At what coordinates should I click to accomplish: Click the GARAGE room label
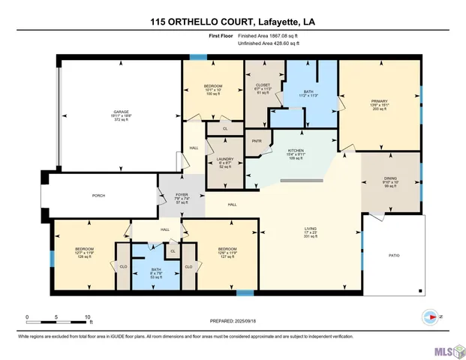tap(122, 112)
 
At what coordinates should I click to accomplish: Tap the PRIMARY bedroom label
tap(378, 101)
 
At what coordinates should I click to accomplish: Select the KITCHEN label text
tap(296, 150)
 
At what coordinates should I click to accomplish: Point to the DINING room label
tap(390, 178)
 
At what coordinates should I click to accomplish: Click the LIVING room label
tap(310, 229)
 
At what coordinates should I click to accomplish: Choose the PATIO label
tap(393, 256)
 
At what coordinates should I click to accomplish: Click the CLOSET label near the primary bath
tap(263, 85)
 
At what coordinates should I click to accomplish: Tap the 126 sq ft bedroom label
tap(83, 249)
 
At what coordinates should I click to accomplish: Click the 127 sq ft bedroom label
tap(227, 249)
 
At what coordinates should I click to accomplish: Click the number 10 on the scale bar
tap(89, 316)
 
